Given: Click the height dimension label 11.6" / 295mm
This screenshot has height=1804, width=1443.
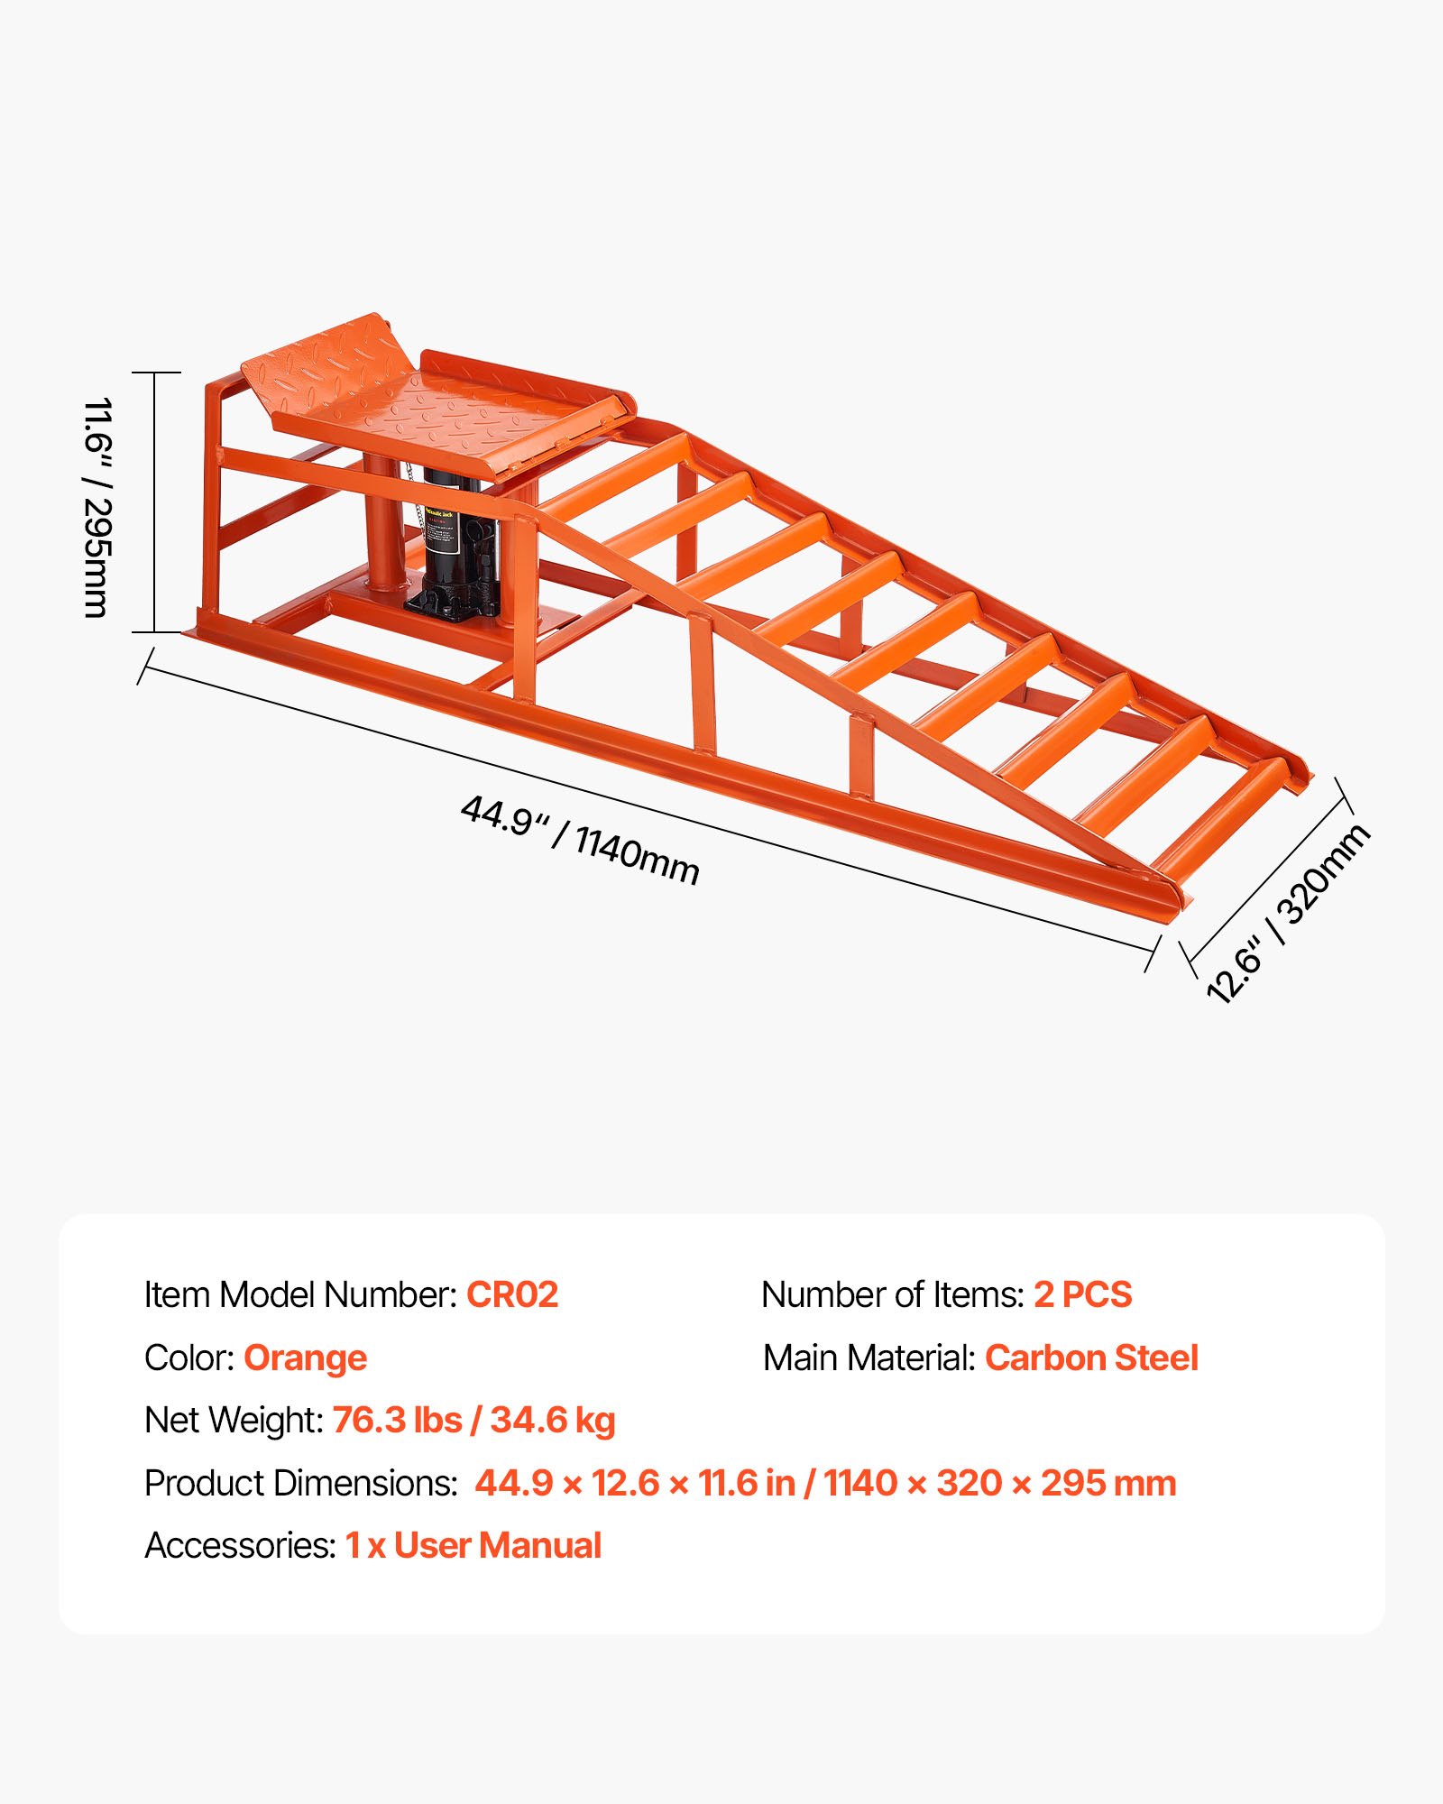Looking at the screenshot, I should pos(97,507).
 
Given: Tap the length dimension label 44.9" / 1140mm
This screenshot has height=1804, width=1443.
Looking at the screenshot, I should pos(580,840).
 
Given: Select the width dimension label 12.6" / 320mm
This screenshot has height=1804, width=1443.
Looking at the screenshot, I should pos(1288,913).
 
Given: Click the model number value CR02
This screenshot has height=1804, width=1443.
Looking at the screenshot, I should pos(512,1294).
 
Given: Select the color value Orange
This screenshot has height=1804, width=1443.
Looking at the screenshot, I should pos(305,1358).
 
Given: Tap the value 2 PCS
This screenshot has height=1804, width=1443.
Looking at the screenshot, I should pos(1082,1294).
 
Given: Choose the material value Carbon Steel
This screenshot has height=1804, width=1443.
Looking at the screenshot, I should pos(1091,1358).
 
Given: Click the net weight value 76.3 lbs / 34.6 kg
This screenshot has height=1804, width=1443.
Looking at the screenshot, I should pos(473,1420).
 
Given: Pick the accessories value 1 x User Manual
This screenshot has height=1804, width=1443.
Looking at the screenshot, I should pos(473,1545).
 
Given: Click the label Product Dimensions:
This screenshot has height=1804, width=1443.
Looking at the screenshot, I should pos(301,1483).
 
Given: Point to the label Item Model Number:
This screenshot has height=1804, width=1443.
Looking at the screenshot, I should pos(301,1294).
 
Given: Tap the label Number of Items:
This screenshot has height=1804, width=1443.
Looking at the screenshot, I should pos(893,1294).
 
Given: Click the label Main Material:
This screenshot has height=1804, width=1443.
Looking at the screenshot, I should pos(869,1358).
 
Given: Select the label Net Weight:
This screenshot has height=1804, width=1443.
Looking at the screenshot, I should pos(234,1420).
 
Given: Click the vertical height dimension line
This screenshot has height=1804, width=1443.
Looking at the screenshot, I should pos(155,502).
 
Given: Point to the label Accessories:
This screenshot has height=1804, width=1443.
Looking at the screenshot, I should pos(241,1545).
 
